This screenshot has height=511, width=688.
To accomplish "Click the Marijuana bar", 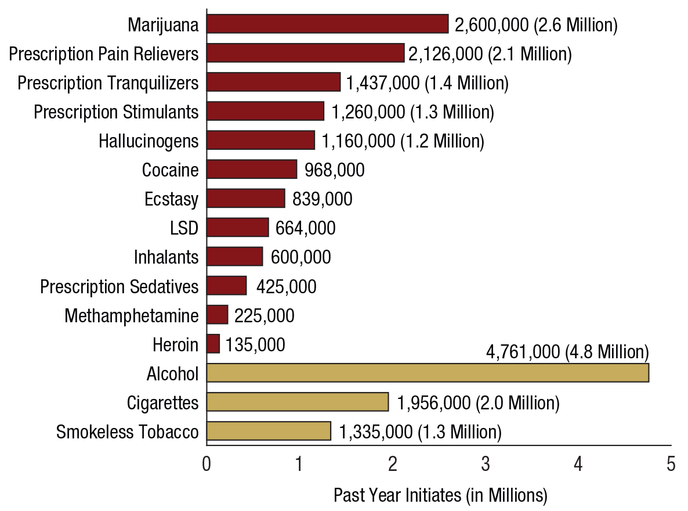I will [327, 24].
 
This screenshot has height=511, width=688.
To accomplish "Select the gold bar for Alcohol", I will [428, 373].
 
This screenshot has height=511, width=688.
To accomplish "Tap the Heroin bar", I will [213, 344].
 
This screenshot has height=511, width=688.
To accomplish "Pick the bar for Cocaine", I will [252, 170].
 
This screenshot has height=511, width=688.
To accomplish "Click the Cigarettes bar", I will [298, 402].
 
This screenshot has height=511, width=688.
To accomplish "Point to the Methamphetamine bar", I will [217, 315].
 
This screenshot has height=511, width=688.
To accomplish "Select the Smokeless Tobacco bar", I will [269, 431].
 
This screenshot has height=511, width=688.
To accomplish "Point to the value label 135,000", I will [255, 345].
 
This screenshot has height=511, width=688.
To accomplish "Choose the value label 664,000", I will [306, 228].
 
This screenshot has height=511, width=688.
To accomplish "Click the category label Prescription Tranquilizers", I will [108, 83].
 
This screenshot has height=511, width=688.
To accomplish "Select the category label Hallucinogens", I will [149, 141].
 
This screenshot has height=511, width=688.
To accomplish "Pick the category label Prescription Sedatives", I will [120, 286].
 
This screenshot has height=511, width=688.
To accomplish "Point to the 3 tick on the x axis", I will [486, 465].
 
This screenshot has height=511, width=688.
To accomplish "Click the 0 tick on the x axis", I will [207, 465].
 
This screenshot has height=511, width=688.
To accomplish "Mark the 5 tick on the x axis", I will [671, 465].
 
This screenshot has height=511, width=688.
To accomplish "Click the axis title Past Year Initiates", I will [440, 495].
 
